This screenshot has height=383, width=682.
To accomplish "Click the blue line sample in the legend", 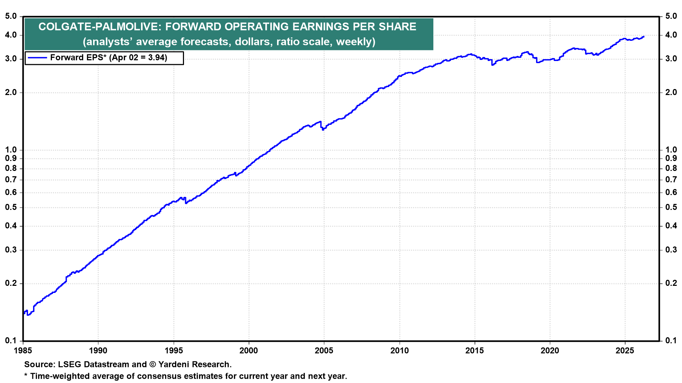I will point(37,58).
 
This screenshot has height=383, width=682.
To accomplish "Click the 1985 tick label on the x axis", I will point(23,351).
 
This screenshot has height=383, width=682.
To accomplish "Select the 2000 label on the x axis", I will point(249,351).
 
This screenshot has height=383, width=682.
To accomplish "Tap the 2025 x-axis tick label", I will point(625,351).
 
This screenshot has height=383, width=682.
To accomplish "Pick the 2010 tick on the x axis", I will point(399,351).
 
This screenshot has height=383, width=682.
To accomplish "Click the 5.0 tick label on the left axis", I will point(11,16).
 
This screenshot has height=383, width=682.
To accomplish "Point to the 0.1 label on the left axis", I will point(11,341).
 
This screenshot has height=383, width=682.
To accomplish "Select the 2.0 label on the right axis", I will point(671,93).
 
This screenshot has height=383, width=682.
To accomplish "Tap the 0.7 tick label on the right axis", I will point(671,180).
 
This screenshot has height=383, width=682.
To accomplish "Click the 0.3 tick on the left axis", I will point(11,250).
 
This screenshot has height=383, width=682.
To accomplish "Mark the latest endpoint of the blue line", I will point(644,37).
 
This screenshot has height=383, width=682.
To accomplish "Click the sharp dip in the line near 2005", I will point(323,129).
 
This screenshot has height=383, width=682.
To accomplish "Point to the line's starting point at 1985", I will point(24,313).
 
